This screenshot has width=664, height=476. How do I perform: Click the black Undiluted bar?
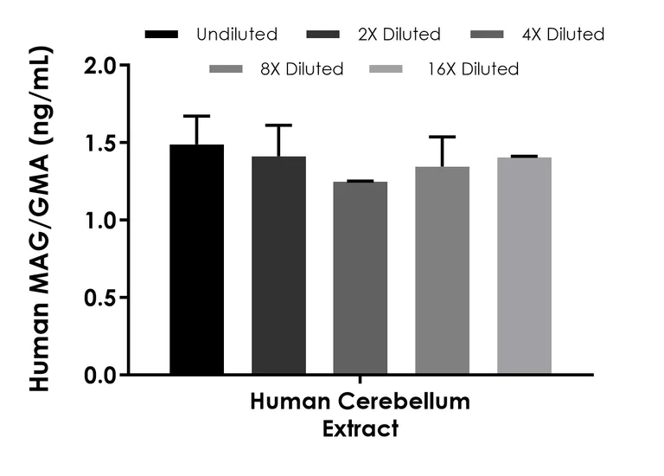coord(196,260)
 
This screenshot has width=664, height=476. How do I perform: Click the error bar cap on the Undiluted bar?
coord(196,116)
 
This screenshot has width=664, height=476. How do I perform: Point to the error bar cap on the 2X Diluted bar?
coord(278,125)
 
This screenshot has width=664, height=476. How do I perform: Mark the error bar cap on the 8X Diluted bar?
coord(442,137)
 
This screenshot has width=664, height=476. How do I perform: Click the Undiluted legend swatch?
coord(162,35)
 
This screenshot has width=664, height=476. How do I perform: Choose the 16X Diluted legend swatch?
coord(386,68)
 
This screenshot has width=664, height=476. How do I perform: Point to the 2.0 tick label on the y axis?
coord(100,66)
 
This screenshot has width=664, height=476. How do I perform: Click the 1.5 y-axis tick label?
coord(100,143)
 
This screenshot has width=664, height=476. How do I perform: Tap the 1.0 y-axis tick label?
coord(100,220)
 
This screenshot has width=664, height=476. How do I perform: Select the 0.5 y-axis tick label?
coord(100,298)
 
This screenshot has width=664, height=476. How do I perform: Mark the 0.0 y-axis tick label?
coord(100,375)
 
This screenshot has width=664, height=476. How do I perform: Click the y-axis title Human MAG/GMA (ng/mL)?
coord(40,220)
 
